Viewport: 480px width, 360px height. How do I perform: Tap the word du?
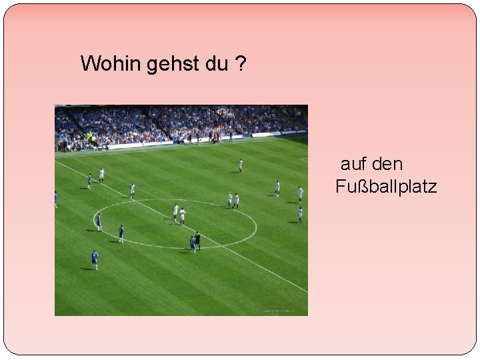pyautogui.click(x=211, y=64)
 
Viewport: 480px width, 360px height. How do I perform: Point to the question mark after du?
pyautogui.click(x=239, y=64)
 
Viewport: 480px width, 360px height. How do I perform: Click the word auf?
pyautogui.click(x=355, y=164)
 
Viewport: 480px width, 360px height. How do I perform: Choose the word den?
pyautogui.click(x=388, y=164)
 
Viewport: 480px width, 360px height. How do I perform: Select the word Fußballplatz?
pyautogui.click(x=387, y=187)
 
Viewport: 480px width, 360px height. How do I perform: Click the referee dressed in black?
pyautogui.click(x=198, y=240)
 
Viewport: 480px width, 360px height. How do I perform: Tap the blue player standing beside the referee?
pyautogui.click(x=192, y=243)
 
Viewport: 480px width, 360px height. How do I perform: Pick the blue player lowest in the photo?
pyautogui.click(x=95, y=259)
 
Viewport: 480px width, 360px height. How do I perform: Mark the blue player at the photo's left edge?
pyautogui.click(x=56, y=199)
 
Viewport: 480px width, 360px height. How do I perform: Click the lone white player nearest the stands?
pyautogui.click(x=240, y=165)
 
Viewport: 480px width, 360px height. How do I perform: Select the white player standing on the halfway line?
pyautogui.click(x=132, y=190)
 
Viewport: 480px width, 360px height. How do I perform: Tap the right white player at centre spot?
pyautogui.click(x=182, y=215)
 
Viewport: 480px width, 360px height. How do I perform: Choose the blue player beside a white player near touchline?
pyautogui.click(x=89, y=181)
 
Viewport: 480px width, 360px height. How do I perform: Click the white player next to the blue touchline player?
pyautogui.click(x=101, y=175)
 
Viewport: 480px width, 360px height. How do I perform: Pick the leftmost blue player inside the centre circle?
pyautogui.click(x=99, y=222)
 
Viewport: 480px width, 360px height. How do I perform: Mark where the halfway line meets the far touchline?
pyautogui.click(x=57, y=161)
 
